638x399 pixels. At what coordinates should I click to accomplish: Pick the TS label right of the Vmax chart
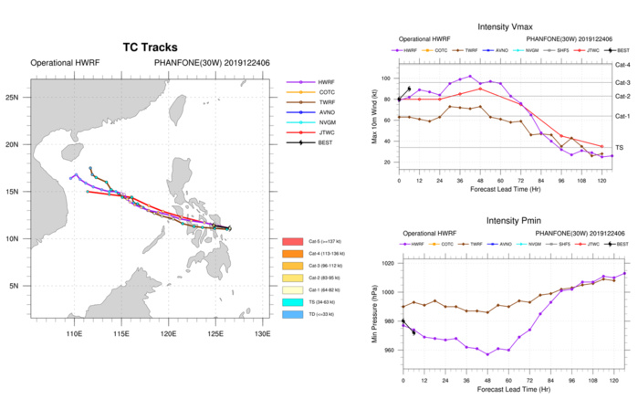[621, 147]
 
